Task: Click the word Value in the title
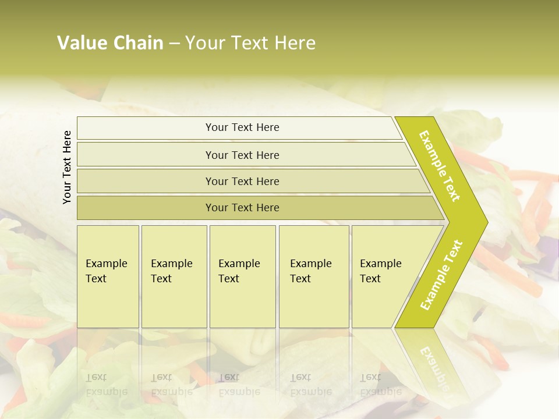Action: coord(82,43)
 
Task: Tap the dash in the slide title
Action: coord(174,44)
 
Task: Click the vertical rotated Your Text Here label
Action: coord(67,167)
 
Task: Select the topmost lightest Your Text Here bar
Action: coord(242,127)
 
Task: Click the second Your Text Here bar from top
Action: coord(242,155)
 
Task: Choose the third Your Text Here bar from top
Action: coord(242,181)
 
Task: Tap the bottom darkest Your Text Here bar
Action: coord(242,208)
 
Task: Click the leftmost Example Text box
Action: coord(108,276)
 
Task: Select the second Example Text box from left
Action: coord(174,276)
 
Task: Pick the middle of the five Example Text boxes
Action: coord(242,276)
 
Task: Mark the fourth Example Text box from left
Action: coord(314,276)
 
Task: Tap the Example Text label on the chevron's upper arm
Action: coord(440,166)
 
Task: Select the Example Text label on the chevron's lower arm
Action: coord(441,275)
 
